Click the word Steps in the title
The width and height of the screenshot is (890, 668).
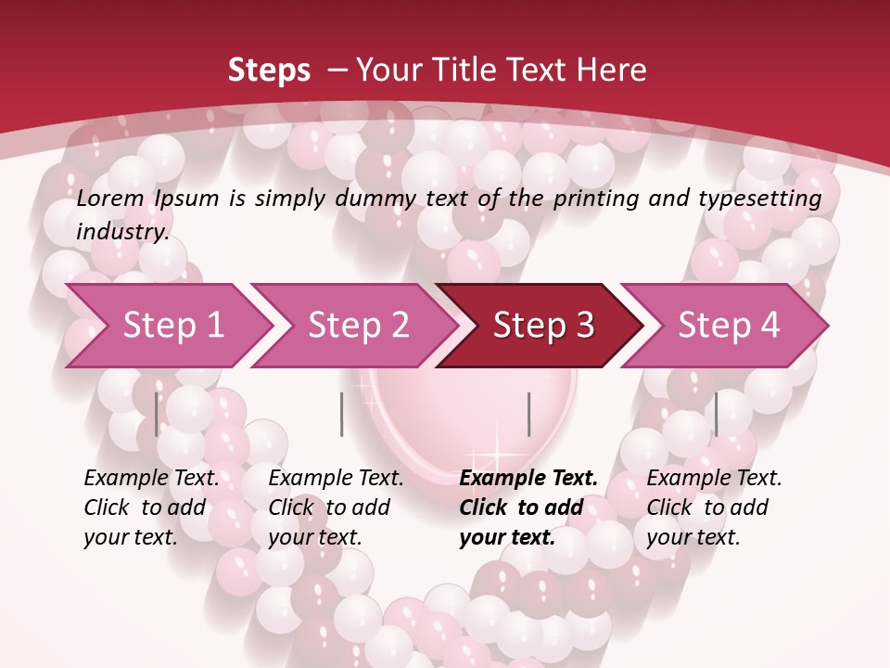coord(269,71)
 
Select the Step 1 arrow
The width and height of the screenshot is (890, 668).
coord(167,326)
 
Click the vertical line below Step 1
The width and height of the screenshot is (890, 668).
coord(157,414)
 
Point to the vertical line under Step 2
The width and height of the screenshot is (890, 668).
coord(342,414)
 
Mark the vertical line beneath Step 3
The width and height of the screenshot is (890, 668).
coord(529,414)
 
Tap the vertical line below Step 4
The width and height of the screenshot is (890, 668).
coord(716,414)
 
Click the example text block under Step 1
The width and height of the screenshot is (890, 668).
coord(151,507)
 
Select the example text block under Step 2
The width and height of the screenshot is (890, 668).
coord(336,507)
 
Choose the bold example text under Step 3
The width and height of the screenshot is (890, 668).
coord(528,507)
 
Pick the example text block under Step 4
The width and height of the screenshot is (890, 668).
coord(714,507)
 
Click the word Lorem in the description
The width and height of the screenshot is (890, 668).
coord(110,199)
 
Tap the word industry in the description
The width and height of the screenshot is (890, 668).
coord(121,232)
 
